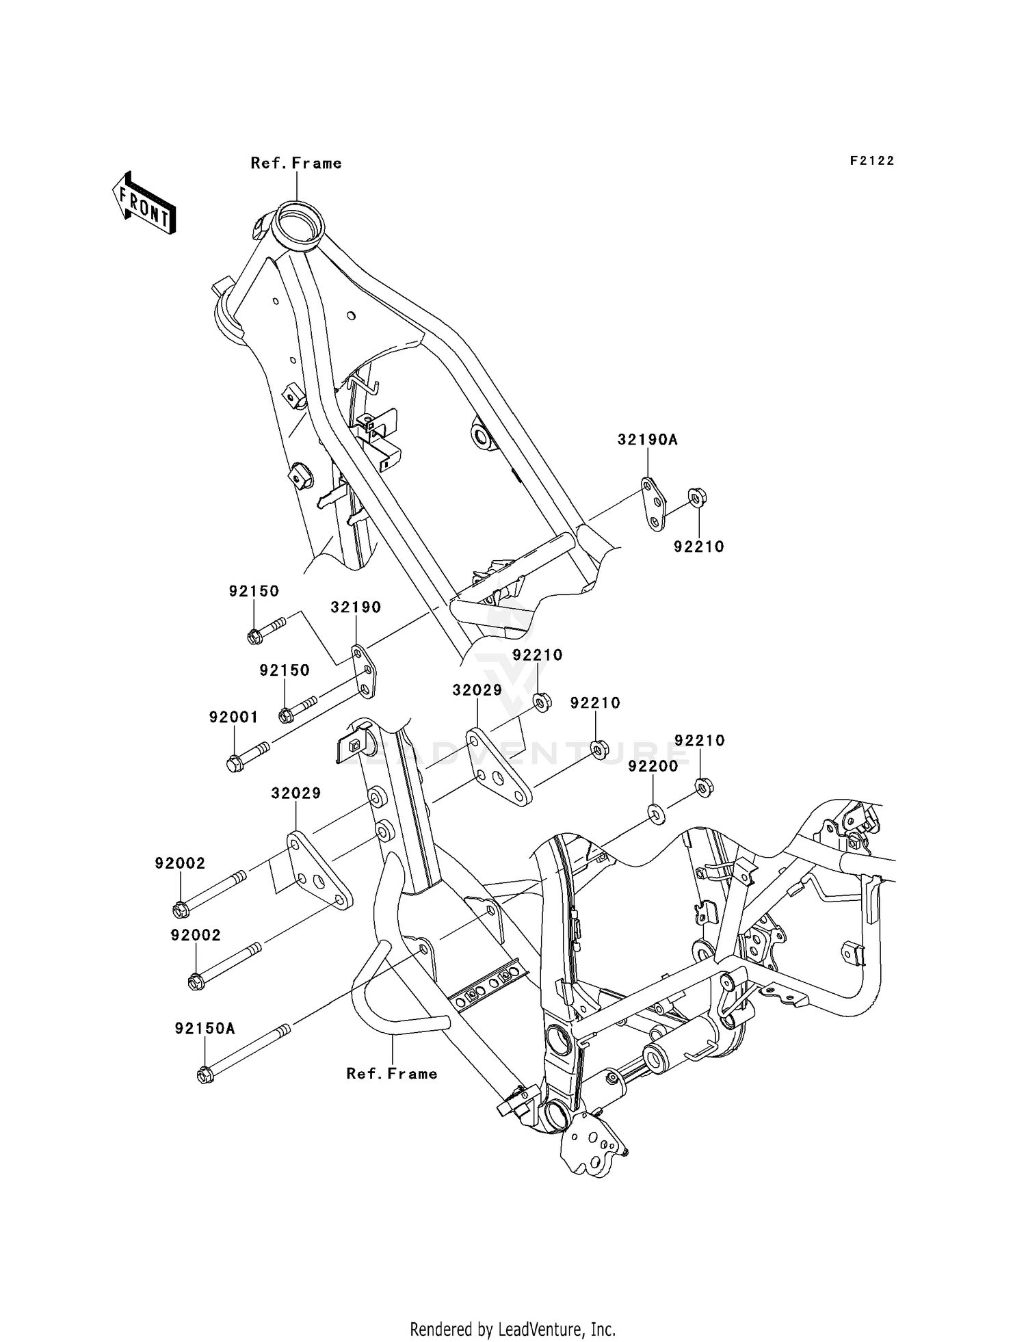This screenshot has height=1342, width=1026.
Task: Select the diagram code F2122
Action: [872, 161]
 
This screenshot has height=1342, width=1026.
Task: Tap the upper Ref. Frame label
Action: [295, 163]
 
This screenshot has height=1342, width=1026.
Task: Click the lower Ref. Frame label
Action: [391, 1074]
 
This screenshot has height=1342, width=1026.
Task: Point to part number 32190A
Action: [647, 440]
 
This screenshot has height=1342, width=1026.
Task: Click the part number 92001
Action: [233, 718]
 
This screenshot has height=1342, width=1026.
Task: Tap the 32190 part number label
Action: [356, 607]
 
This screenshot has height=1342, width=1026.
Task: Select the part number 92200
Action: [653, 766]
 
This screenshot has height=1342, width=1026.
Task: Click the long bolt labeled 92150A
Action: [243, 1053]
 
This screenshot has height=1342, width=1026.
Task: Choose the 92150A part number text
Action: [205, 1028]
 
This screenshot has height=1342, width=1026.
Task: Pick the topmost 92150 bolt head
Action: [254, 637]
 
